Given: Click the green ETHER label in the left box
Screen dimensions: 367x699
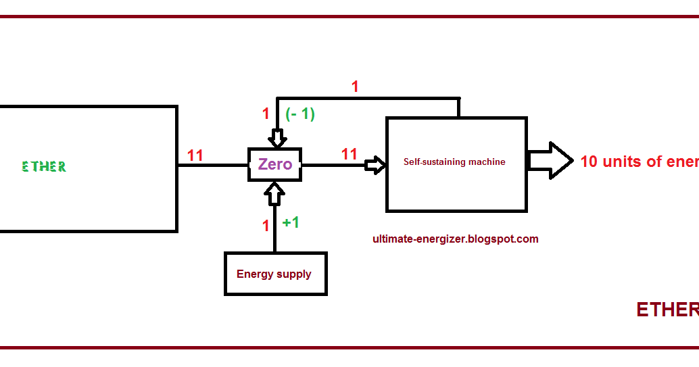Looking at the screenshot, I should tap(44, 166).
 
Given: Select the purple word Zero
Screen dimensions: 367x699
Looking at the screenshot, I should tap(275, 164).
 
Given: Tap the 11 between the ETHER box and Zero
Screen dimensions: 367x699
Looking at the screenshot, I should tap(195, 155).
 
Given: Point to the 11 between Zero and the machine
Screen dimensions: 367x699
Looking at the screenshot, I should tap(349, 154).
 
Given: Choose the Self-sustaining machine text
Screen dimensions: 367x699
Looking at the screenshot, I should tap(454, 162).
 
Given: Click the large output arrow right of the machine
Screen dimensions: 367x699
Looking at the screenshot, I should tap(550, 160).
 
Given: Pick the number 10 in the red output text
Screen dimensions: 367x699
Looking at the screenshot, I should tap(589, 162).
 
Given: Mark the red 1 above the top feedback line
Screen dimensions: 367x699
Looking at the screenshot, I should tap(355, 87).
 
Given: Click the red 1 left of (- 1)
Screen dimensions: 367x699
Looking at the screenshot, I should tap(266, 114).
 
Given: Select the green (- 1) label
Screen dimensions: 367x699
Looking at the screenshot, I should tap(300, 114).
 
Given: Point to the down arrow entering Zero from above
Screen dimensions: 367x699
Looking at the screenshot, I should tap(277, 139).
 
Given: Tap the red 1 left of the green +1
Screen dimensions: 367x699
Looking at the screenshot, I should tap(266, 226).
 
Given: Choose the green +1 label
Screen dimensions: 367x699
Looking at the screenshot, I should tap(291, 222).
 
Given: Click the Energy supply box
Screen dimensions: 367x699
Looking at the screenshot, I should tap(275, 274).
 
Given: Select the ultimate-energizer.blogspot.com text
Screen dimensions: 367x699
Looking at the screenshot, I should tap(455, 239).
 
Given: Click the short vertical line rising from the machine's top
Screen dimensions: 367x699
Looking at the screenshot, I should tap(459, 107).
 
